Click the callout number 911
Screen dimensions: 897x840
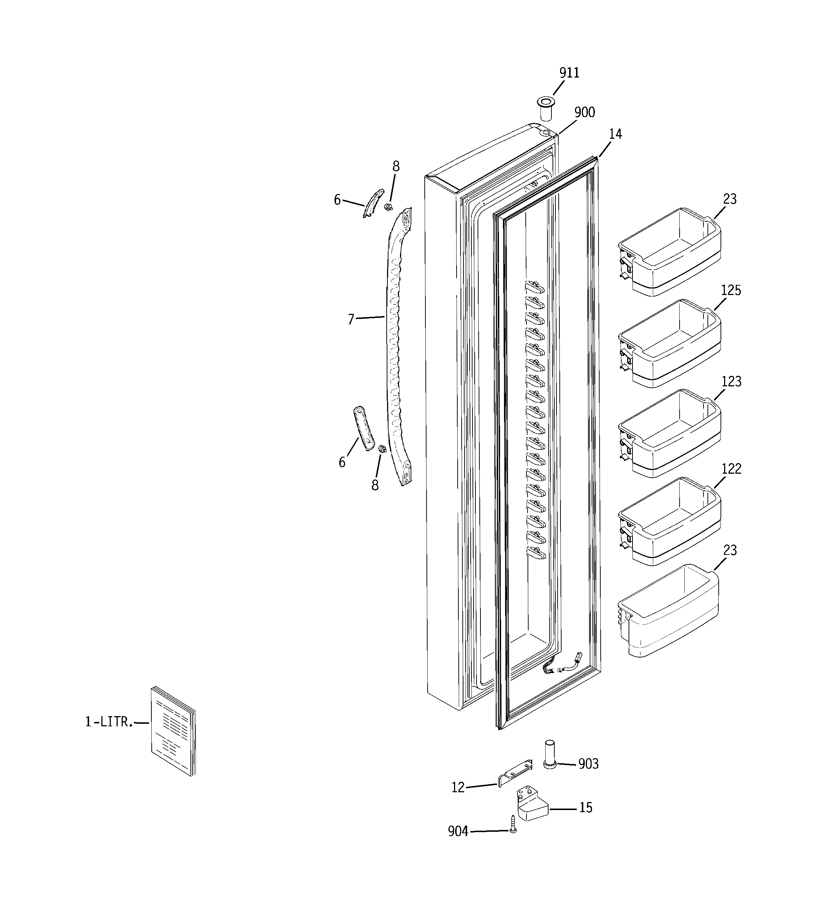(569, 73)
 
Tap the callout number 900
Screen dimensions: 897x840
(584, 112)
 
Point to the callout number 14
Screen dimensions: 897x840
(615, 134)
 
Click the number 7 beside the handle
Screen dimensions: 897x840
(351, 319)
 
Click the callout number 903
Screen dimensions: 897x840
(588, 764)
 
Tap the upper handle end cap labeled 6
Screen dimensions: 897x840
(373, 203)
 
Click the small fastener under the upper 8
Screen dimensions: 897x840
(387, 207)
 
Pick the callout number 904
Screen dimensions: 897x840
(458, 831)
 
